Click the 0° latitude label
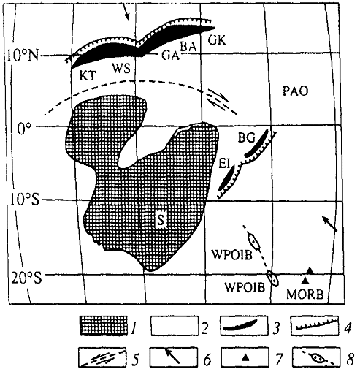pyautogui.click(x=24, y=128)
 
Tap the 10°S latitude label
pyautogui.click(x=25, y=200)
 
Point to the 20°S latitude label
pyautogui.click(x=26, y=277)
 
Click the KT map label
pyautogui.click(x=88, y=76)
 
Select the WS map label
pyautogui.click(x=121, y=69)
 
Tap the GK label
pyautogui.click(x=217, y=40)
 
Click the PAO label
pyautogui.click(x=295, y=91)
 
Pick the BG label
pyautogui.click(x=246, y=138)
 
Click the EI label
pyautogui.click(x=224, y=164)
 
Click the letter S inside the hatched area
pyautogui.click(x=161, y=219)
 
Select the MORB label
pyautogui.click(x=305, y=295)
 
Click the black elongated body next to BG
pyautogui.click(x=257, y=144)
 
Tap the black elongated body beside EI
pyautogui.click(x=226, y=178)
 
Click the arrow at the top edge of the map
pyautogui.click(x=126, y=12)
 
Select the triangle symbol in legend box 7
pyautogui.click(x=246, y=357)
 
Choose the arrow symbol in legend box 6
pyautogui.click(x=172, y=356)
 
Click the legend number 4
pyautogui.click(x=348, y=328)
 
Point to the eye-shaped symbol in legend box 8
pyautogui.click(x=316, y=358)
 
